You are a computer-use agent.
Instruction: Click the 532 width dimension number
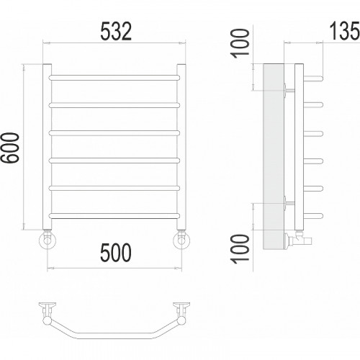(116, 31)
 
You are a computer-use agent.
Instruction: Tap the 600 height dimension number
(10, 148)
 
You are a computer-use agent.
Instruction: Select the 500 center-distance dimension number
(116, 252)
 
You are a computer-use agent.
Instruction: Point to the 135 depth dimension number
(345, 31)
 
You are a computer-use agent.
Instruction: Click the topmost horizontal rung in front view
(114, 78)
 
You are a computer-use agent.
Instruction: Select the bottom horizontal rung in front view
(114, 216)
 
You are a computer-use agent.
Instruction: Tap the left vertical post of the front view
(47, 146)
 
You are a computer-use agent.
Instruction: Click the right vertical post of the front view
(181, 146)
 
